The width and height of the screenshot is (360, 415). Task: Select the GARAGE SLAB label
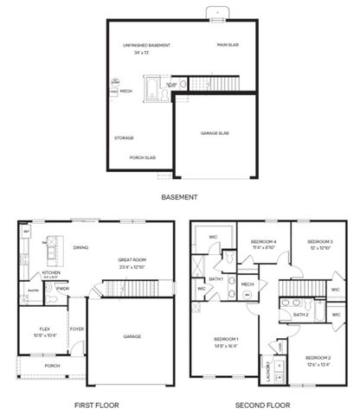215,133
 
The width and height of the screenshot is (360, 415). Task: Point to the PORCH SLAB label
142,157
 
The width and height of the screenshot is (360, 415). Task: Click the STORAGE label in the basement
124,137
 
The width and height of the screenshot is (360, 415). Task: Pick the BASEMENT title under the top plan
179,197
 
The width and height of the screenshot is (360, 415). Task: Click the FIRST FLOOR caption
96,404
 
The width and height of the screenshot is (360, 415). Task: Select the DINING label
80,247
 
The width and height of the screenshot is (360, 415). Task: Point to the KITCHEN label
51,274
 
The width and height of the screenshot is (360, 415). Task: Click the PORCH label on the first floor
52,365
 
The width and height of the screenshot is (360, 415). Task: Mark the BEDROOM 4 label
263,241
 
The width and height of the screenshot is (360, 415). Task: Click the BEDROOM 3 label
319,241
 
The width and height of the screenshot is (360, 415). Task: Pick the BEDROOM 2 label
318,357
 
